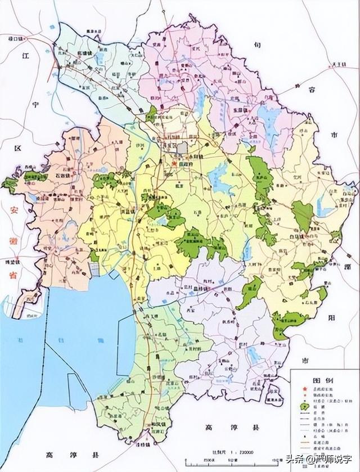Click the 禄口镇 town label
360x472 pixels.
10,38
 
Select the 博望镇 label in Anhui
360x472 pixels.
12,262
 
